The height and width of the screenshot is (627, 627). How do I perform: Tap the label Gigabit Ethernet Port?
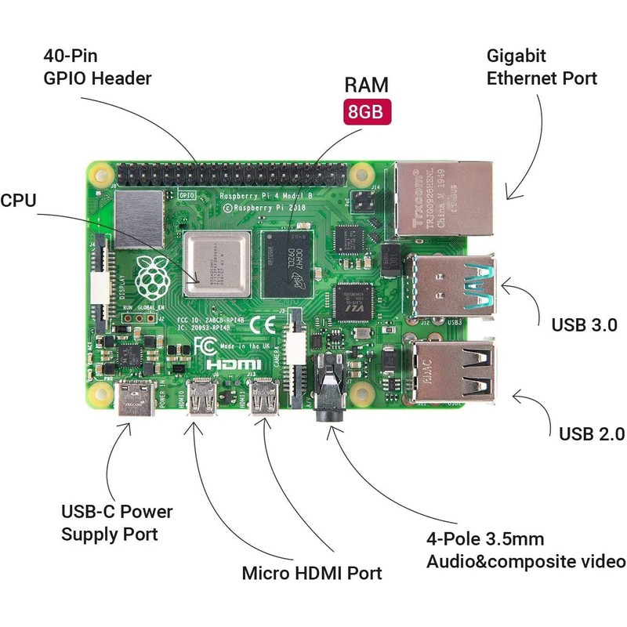tap(542, 67)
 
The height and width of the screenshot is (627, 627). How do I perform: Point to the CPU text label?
tap(18, 200)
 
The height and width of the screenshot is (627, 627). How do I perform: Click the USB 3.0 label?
tap(585, 324)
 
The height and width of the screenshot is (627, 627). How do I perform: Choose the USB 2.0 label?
tap(591, 433)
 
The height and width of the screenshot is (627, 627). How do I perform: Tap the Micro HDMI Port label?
tap(312, 573)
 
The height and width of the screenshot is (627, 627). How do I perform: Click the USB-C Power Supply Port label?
tap(117, 523)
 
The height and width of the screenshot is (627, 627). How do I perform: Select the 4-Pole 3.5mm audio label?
tap(525, 550)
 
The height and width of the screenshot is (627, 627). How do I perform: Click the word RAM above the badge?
tap(367, 85)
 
